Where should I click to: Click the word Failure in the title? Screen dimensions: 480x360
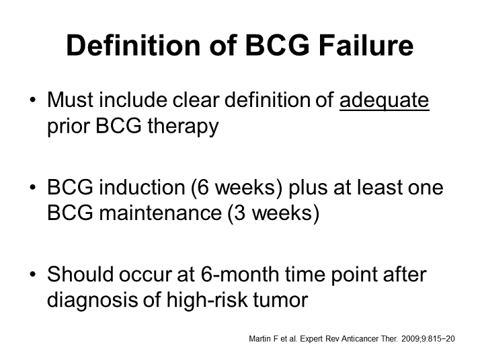[x=366, y=45]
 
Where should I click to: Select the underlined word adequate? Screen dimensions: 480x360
[x=384, y=101]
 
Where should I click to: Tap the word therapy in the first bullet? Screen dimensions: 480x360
[x=184, y=127]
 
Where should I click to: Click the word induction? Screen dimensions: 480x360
[x=142, y=187]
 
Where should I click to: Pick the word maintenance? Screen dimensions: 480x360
[x=161, y=213]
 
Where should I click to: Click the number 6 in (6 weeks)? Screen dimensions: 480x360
[x=202, y=187]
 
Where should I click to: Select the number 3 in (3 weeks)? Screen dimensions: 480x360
[x=239, y=213]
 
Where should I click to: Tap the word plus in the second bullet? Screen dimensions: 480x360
[x=308, y=188]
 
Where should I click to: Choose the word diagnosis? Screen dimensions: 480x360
[x=92, y=301]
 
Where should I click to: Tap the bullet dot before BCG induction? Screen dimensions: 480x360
[x=33, y=187]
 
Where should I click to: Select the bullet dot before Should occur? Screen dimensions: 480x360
[x=33, y=274]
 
